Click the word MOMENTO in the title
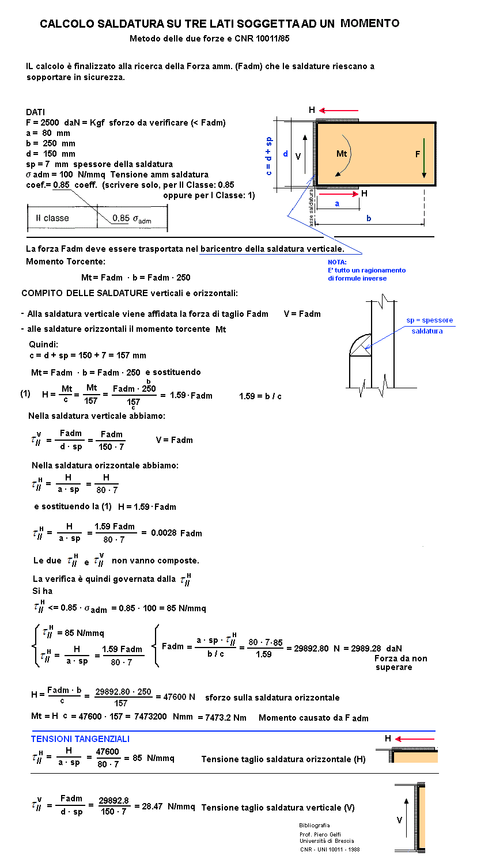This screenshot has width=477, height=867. tap(369, 23)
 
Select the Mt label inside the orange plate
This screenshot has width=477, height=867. tap(342, 154)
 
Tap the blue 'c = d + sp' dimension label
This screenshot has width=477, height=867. tap(269, 156)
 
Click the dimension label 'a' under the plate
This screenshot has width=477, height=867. tap(337, 203)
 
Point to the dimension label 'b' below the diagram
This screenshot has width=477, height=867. tap(369, 218)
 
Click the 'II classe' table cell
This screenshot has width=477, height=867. tap(52, 218)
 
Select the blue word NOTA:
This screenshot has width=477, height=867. tap(337, 262)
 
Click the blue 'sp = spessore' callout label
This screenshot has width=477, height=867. tap(430, 320)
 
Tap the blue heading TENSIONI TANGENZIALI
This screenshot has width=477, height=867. tap(80, 739)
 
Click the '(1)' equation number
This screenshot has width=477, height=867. tap(25, 394)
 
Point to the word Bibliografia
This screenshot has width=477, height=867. tap(315, 825)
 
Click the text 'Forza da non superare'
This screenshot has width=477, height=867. tap(400, 662)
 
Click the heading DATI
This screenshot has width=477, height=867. tap(35, 112)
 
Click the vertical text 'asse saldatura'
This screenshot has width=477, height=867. tap(311, 208)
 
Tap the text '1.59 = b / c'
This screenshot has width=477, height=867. tap(260, 396)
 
